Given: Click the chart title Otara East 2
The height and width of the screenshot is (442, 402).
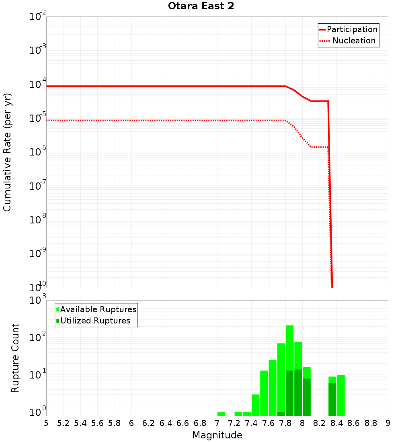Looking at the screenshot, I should pos(201,6).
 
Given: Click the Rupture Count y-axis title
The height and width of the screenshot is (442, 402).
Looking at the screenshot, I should pos(15,358).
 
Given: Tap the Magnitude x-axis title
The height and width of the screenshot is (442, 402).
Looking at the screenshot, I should pos(217,435).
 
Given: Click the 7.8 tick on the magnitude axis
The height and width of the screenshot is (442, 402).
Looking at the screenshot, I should pos(285,423).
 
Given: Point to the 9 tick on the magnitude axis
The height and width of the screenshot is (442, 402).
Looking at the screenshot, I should pos(388,423).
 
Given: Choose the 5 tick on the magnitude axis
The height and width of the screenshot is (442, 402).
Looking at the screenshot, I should pos(46,423).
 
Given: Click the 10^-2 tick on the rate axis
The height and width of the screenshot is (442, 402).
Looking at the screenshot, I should pos(38,17).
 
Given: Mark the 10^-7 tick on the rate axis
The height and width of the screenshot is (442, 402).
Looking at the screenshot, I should pos(38,186).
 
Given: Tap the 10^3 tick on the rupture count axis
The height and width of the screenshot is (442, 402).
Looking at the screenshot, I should pos(38,300).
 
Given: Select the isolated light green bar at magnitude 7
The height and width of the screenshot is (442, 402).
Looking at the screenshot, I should pos(221,414).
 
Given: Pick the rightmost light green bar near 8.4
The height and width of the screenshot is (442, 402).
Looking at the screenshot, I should pos(341,395).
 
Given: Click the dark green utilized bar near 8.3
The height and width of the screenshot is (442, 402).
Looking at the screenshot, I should pos(332,399).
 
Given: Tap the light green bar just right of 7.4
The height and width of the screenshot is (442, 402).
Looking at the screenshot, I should pos(255,405).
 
